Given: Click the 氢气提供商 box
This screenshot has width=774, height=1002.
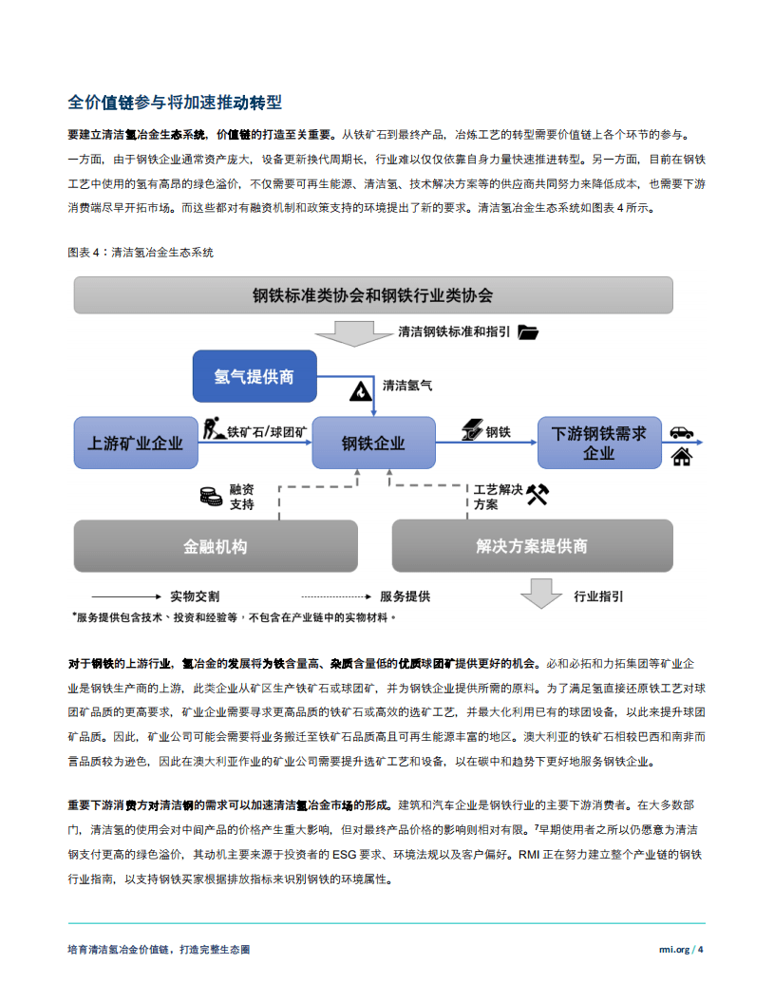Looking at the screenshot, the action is pyautogui.click(x=254, y=376).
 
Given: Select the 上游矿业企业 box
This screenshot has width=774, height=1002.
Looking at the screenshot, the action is pyautogui.click(x=135, y=443).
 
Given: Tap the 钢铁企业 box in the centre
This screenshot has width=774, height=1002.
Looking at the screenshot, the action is pyautogui.click(x=373, y=443).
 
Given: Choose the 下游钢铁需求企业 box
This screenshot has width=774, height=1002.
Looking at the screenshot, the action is pyautogui.click(x=598, y=443).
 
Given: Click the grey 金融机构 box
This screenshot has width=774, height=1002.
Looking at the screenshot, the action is pyautogui.click(x=215, y=546).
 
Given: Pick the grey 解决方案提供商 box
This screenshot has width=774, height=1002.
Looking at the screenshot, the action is pyautogui.click(x=532, y=546).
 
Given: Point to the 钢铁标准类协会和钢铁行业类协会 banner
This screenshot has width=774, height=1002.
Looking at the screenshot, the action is pyautogui.click(x=373, y=294).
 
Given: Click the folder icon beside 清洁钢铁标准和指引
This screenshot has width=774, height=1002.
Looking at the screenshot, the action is pyautogui.click(x=528, y=332).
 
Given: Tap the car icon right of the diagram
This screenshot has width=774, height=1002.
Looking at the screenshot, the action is pyautogui.click(x=681, y=432).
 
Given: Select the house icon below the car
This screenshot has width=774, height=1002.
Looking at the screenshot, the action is pyautogui.click(x=681, y=458).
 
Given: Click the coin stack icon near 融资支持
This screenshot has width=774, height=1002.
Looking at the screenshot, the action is pyautogui.click(x=210, y=495).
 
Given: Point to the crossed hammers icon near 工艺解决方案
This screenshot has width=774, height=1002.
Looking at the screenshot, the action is pyautogui.click(x=538, y=494).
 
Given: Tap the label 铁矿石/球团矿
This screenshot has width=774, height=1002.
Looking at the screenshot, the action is pyautogui.click(x=267, y=432).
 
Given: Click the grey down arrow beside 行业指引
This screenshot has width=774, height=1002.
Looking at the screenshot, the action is pyautogui.click(x=541, y=594).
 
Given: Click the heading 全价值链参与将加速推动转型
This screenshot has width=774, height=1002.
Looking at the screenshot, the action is pyautogui.click(x=175, y=103).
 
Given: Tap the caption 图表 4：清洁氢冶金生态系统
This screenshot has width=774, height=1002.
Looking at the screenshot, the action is pyautogui.click(x=141, y=253).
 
